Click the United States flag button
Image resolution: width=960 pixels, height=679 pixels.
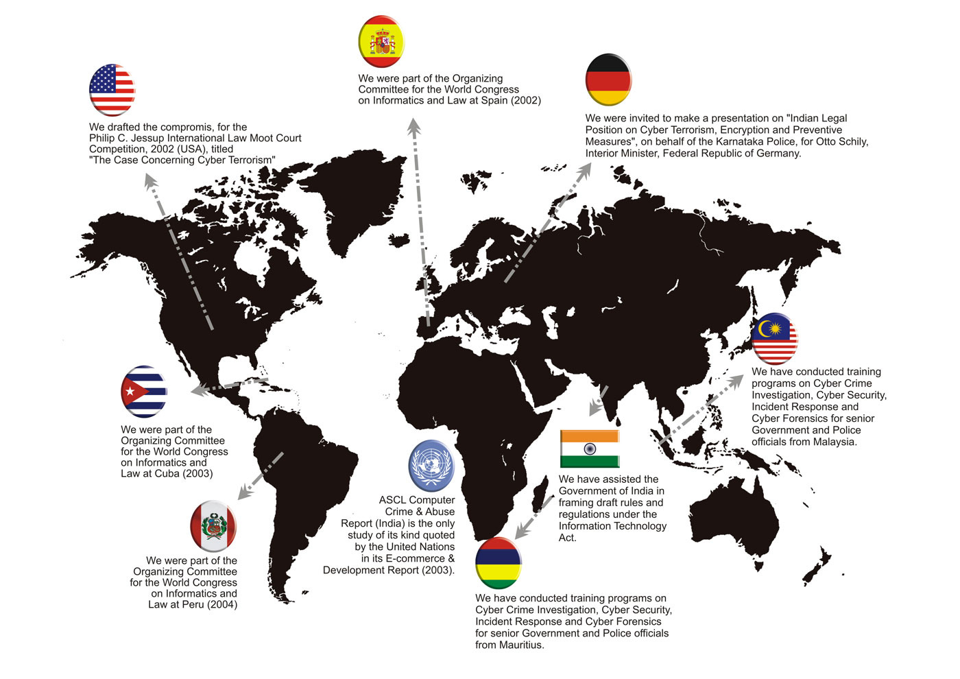pos(112,90)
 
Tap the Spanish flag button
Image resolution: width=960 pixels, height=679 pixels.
pos(381,42)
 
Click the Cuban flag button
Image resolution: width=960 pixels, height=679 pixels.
pos(144,392)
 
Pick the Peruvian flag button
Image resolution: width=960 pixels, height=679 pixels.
pos(213,526)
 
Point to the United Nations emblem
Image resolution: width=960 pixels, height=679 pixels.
pos(431,466)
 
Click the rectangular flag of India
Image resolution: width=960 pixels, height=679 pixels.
pos(590,448)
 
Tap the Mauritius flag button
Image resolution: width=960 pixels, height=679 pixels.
pos(498,563)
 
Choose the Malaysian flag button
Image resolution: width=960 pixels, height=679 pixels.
pos(775,338)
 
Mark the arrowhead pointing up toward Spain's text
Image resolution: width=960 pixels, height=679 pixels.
pos(413,125)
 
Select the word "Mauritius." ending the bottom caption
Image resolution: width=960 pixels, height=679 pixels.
pos(521,645)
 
